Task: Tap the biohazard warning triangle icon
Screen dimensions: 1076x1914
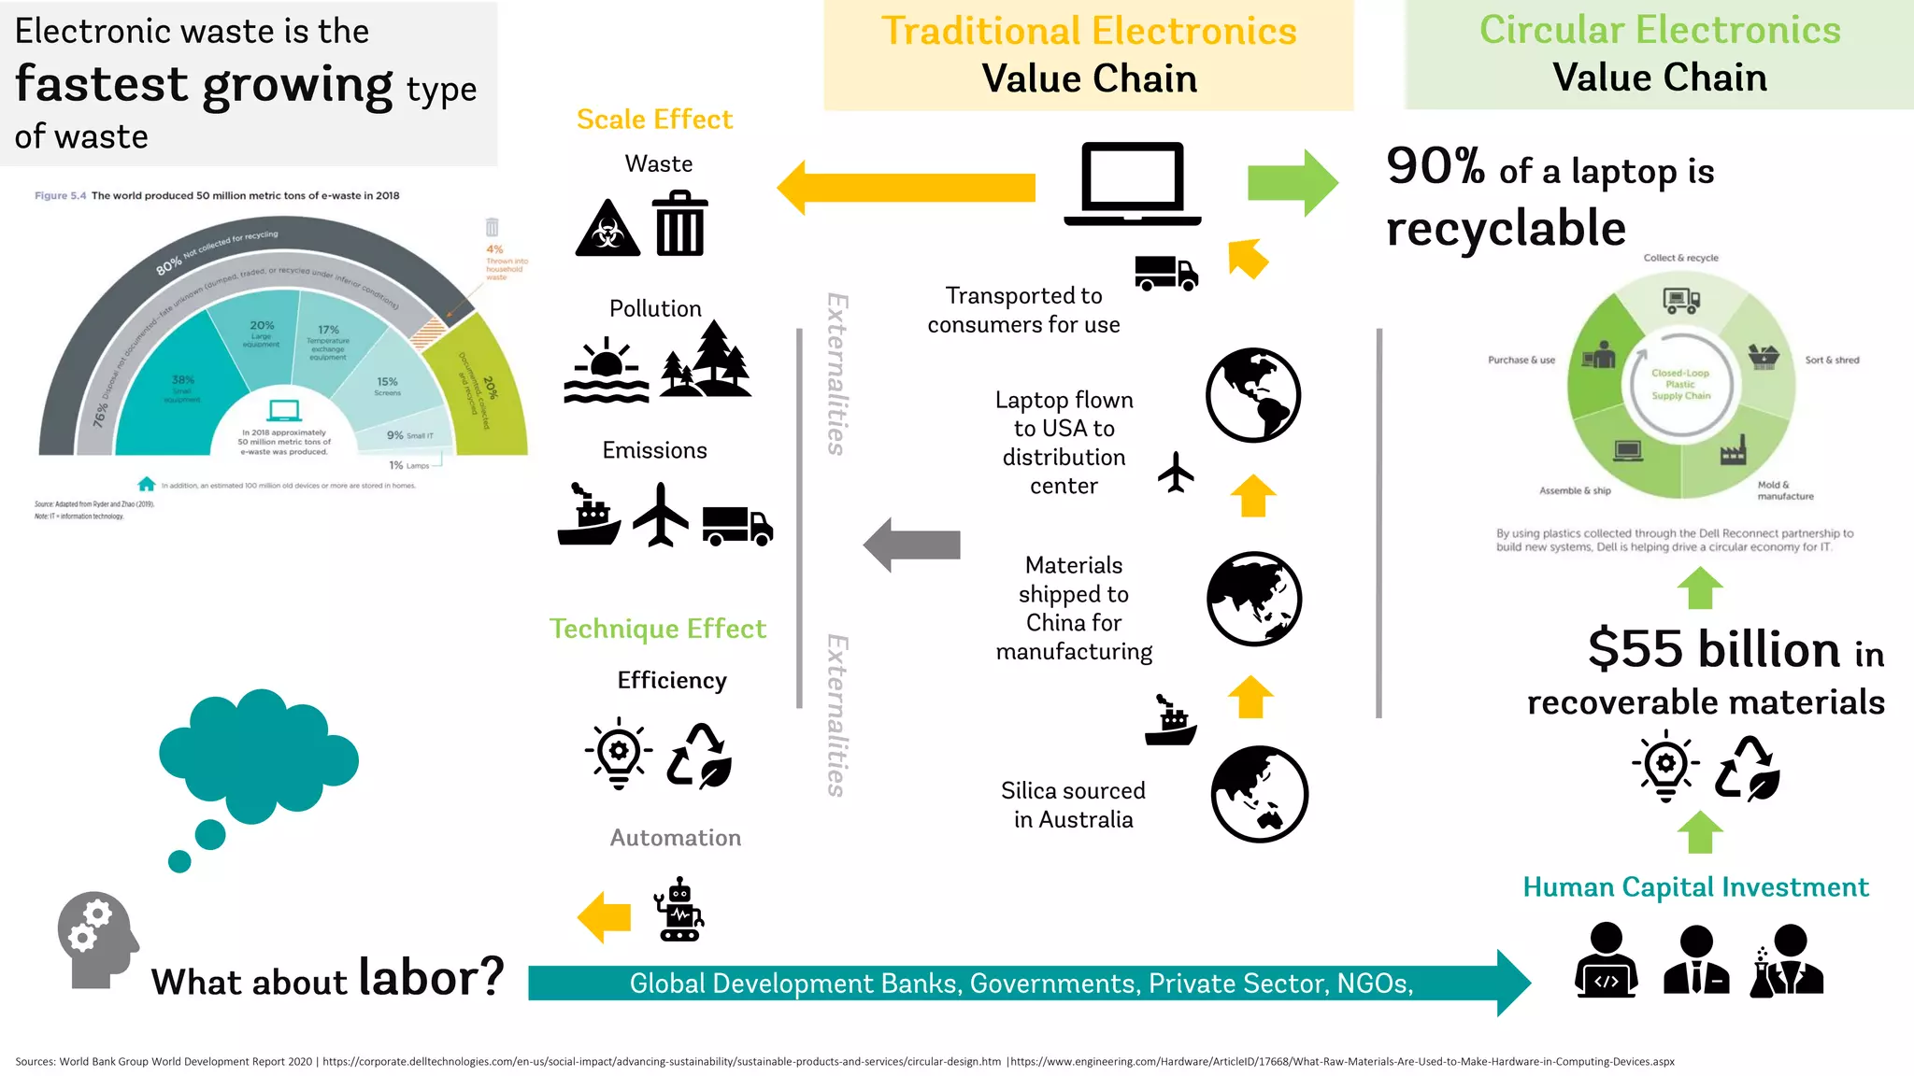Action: click(x=607, y=229)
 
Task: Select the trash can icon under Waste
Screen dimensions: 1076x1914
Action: click(x=680, y=223)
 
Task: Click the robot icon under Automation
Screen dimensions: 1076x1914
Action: click(x=679, y=909)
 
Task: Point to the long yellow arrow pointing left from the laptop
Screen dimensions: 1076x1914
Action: click(x=907, y=187)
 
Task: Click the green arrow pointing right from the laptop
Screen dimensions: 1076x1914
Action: click(x=1293, y=183)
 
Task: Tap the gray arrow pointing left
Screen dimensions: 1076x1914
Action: click(x=911, y=545)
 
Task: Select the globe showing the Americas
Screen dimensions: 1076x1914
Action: click(x=1252, y=395)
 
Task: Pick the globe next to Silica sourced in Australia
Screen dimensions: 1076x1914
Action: click(x=1259, y=794)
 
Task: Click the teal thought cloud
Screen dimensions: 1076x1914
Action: click(x=257, y=757)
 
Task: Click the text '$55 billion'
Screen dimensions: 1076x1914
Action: click(x=1714, y=649)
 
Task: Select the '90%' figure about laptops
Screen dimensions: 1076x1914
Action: click(x=1435, y=166)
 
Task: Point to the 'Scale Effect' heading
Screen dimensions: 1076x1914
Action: click(x=654, y=120)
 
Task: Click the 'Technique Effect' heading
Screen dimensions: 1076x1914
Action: click(x=657, y=629)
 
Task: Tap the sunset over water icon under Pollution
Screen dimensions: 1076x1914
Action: click(x=607, y=370)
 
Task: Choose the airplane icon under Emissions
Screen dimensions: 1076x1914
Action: click(x=661, y=515)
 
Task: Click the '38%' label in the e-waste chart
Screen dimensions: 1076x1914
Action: click(x=182, y=380)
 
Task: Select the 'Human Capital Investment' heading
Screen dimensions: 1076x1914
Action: click(x=1695, y=886)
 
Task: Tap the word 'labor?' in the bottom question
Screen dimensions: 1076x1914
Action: click(x=431, y=977)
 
